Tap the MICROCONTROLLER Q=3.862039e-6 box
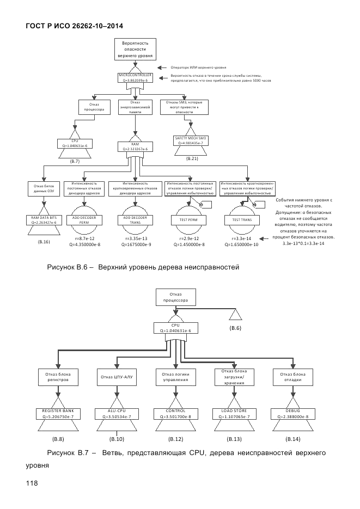pos(136,78)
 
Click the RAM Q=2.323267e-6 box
pos(136,146)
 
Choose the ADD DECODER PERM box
pos(84,220)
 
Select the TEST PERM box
pos(188,220)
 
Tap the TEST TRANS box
pos(240,220)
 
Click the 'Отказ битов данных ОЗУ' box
pos(44,189)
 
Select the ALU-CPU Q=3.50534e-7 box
pos(117,414)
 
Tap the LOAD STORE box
pos(235,414)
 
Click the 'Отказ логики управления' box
pos(175,377)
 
